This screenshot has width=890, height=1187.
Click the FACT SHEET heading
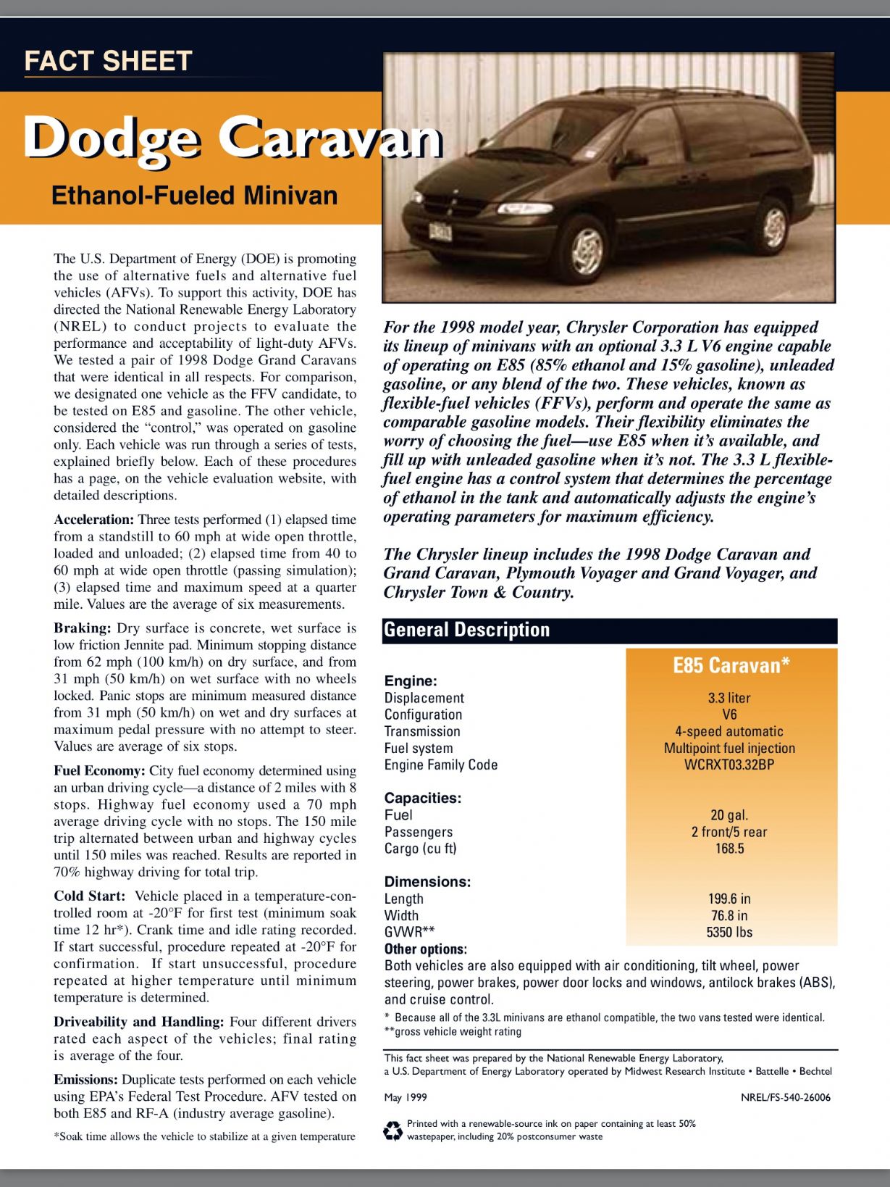point(108,61)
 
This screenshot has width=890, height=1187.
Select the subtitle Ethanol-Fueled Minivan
point(194,196)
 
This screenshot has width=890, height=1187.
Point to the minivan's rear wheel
point(774,226)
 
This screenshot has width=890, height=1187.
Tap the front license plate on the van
point(440,231)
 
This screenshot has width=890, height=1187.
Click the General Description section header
point(467,630)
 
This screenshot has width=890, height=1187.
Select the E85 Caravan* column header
point(731,665)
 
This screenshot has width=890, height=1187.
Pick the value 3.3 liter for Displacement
point(729,698)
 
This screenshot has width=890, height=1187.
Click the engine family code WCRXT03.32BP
point(729,765)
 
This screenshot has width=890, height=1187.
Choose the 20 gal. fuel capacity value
point(729,815)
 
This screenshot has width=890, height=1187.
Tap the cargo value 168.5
point(729,849)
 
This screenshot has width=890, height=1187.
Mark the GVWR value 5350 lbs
point(729,933)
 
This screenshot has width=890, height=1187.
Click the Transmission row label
point(422,731)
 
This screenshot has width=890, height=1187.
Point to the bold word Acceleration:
point(94,520)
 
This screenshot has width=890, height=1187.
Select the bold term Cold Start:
point(90,896)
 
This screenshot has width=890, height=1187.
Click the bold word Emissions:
point(85,1080)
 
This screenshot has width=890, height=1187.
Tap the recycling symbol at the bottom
point(392,1130)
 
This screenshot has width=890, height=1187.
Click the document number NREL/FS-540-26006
point(786,1097)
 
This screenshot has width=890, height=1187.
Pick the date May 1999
point(406,1097)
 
